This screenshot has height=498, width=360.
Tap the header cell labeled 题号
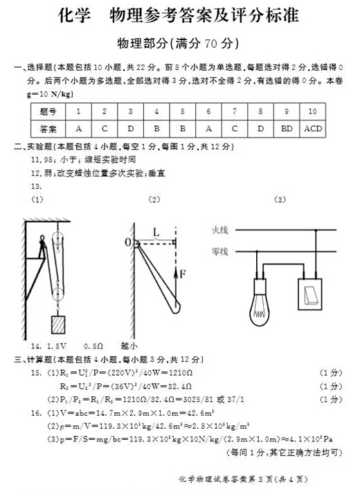(x=48, y=111)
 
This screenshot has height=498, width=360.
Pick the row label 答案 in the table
(x=48, y=129)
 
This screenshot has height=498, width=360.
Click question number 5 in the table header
(x=183, y=111)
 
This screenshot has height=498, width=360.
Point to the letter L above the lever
(x=156, y=233)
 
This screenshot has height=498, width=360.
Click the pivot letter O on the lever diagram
(x=128, y=242)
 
